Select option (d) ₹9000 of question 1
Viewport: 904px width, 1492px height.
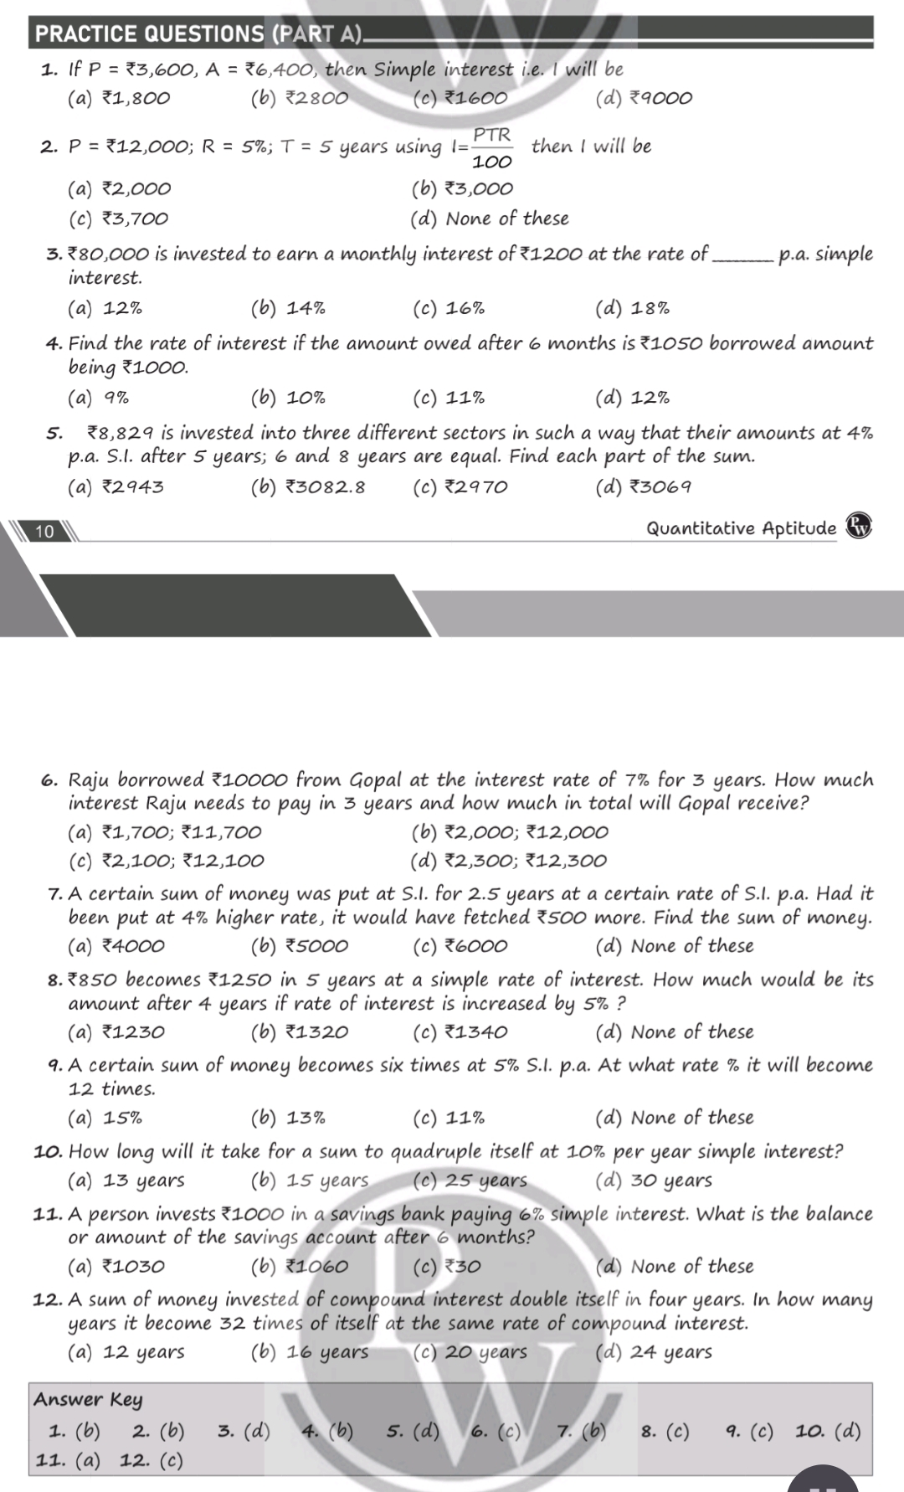click(643, 98)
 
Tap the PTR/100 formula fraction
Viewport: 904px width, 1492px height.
click(492, 147)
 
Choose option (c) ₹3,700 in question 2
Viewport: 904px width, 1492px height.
click(118, 219)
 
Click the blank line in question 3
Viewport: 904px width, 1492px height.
click(742, 255)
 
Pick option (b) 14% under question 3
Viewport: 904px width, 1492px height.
click(288, 309)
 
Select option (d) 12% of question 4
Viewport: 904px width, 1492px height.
click(632, 397)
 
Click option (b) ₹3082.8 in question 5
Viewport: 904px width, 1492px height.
click(307, 486)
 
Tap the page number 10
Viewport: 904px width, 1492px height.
click(45, 531)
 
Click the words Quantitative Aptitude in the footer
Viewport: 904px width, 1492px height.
click(741, 528)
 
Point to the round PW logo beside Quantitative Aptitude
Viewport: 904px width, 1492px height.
click(859, 527)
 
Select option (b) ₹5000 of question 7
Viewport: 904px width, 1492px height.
click(299, 946)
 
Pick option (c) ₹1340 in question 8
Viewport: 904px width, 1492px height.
click(460, 1032)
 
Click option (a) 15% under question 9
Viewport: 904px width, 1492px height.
click(105, 1118)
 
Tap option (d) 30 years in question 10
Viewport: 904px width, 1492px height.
click(653, 1181)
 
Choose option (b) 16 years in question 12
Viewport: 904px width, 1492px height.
click(309, 1352)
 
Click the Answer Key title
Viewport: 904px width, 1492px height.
click(88, 1399)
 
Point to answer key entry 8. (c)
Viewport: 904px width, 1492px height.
click(665, 1431)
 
